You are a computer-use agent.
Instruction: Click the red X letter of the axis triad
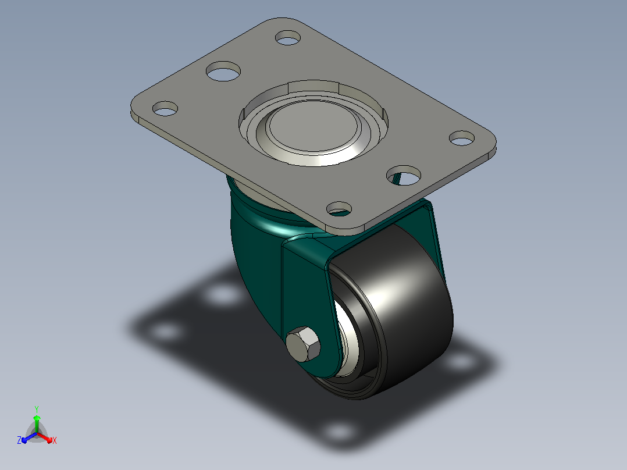[x=55, y=440]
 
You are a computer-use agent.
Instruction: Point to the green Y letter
[x=37, y=409]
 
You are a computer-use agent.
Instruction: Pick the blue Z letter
[x=19, y=440]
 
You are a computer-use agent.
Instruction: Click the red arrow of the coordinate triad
[x=45, y=437]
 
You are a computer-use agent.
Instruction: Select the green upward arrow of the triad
[x=37, y=424]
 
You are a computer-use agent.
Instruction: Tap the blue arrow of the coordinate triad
[x=29, y=437]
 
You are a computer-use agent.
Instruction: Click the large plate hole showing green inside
[x=404, y=175]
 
